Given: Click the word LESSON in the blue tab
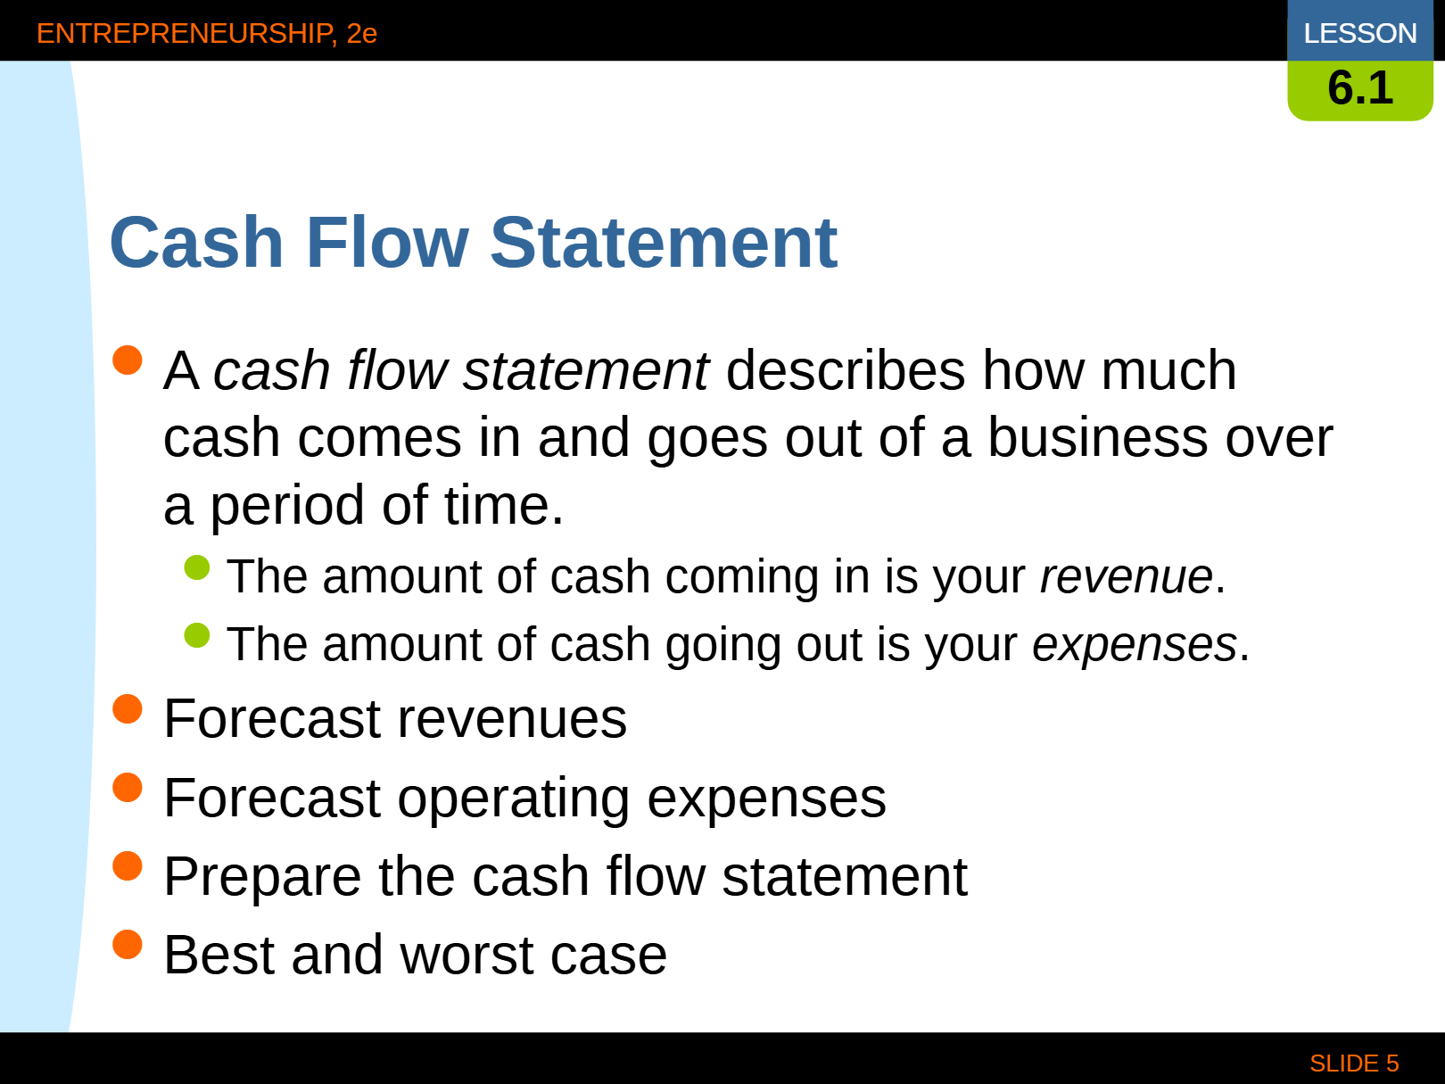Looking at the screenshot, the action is (1360, 33).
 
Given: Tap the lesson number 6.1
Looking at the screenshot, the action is (1360, 87).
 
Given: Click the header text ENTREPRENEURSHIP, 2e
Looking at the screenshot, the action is (207, 34).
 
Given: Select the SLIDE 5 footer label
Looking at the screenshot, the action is (1354, 1063).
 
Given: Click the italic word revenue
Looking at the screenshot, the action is (1127, 576).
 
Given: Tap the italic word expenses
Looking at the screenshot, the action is (1135, 644).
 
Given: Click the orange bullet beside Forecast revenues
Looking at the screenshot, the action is (128, 709).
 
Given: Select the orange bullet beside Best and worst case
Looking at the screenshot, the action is (128, 945).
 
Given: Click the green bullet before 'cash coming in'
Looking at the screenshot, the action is (197, 568).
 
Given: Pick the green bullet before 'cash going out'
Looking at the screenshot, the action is (197, 636).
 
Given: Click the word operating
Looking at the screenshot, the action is (514, 799).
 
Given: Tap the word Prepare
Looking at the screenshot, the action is (262, 878).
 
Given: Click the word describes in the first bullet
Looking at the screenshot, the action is (846, 370).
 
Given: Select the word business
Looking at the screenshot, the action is (1098, 438).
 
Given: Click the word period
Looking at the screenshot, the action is (287, 506).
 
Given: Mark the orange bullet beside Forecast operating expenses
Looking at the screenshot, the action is (128, 788).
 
